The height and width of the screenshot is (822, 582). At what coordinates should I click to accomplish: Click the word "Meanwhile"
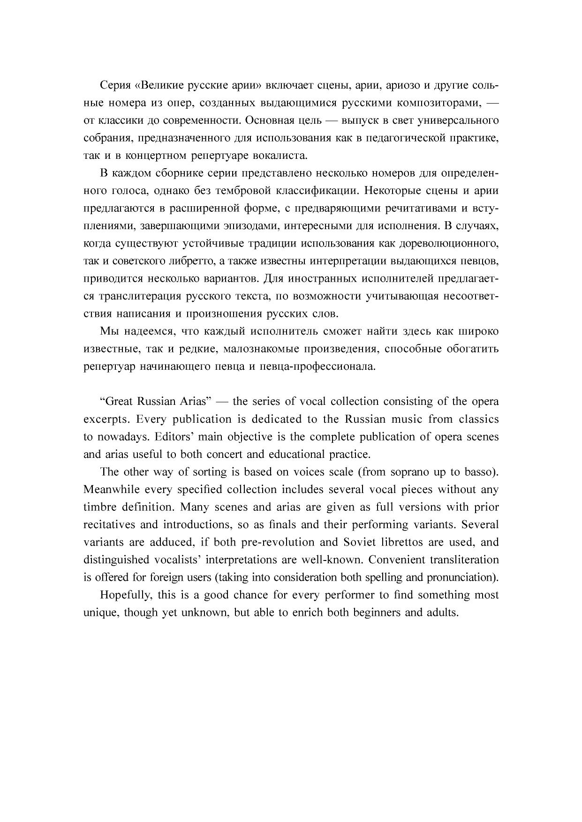pyautogui.click(x=111, y=490)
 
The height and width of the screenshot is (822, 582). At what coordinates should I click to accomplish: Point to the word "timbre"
pyautogui.click(x=99, y=507)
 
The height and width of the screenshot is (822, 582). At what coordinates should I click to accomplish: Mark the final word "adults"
pyautogui.click(x=442, y=613)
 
